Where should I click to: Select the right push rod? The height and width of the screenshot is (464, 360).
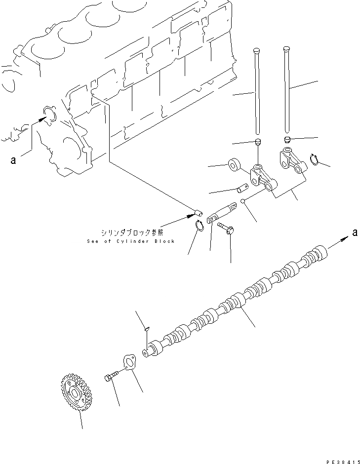click(286, 89)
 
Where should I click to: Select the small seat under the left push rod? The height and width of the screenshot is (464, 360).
click(257, 142)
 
